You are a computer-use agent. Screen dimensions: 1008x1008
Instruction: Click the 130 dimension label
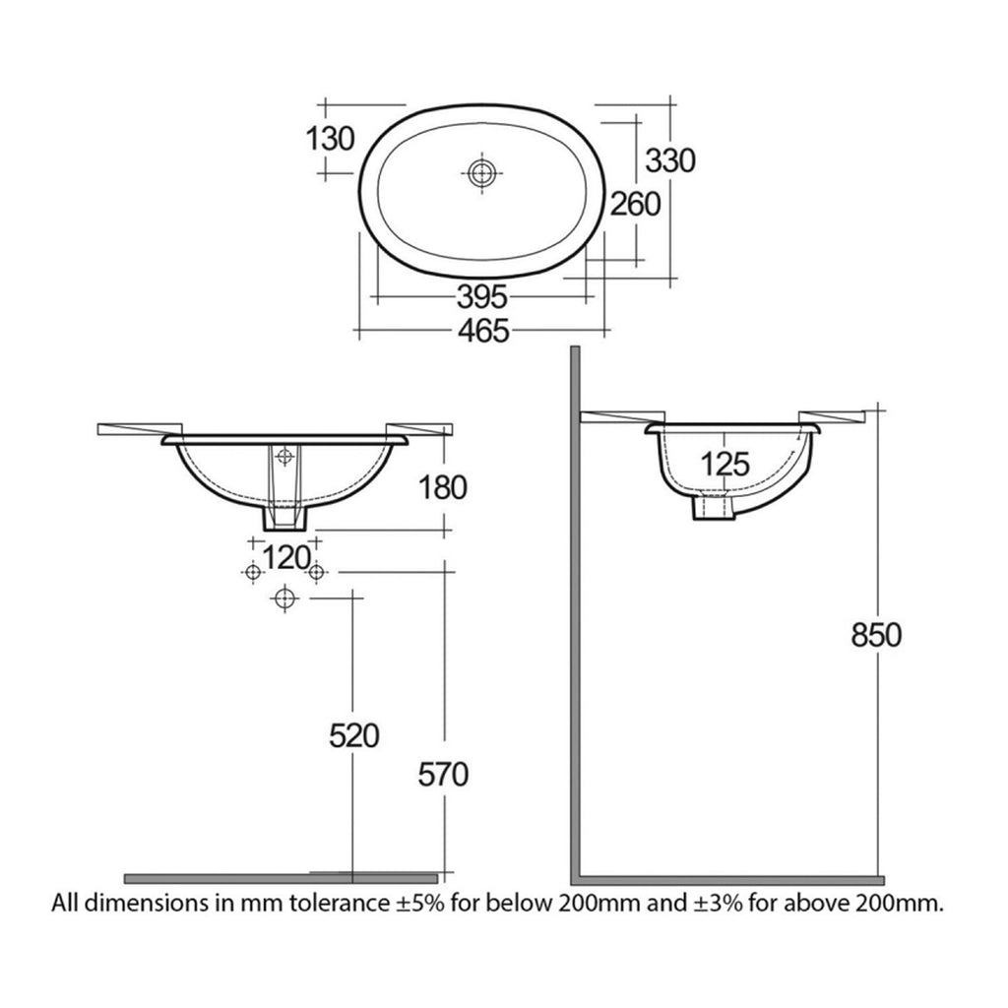(x=330, y=138)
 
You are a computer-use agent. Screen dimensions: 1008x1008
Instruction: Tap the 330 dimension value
(x=670, y=160)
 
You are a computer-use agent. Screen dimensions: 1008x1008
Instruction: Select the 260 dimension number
(x=635, y=205)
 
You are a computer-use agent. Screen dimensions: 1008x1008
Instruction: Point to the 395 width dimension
(x=482, y=296)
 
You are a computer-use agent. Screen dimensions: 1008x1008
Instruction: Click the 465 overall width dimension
(x=483, y=331)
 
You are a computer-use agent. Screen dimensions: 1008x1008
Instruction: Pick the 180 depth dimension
(x=442, y=487)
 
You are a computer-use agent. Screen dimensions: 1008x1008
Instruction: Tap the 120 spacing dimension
(x=286, y=557)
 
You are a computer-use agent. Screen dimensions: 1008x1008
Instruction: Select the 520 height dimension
(x=354, y=735)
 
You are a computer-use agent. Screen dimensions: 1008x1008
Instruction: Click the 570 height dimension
(x=443, y=774)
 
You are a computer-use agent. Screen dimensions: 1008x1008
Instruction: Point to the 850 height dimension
(x=876, y=635)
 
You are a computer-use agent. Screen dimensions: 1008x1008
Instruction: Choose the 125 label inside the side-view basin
(x=725, y=464)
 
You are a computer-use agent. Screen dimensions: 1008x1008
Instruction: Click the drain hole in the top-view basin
(x=480, y=173)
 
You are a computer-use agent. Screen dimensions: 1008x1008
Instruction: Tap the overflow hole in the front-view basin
(x=284, y=457)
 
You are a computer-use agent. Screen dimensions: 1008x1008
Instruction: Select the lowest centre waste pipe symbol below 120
(x=285, y=599)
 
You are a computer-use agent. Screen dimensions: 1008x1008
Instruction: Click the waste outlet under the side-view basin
(x=713, y=505)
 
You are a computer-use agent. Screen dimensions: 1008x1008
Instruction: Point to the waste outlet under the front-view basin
(x=284, y=517)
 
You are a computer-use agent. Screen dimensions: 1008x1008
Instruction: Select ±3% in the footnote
(x=718, y=904)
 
